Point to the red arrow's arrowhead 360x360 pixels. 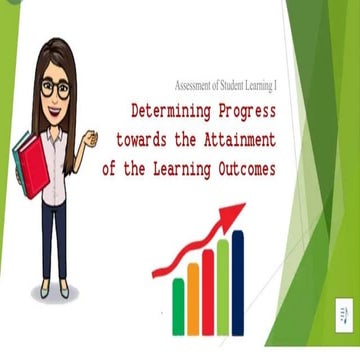[236, 212]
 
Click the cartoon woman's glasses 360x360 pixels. [55, 87]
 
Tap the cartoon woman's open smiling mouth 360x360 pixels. [56, 107]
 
